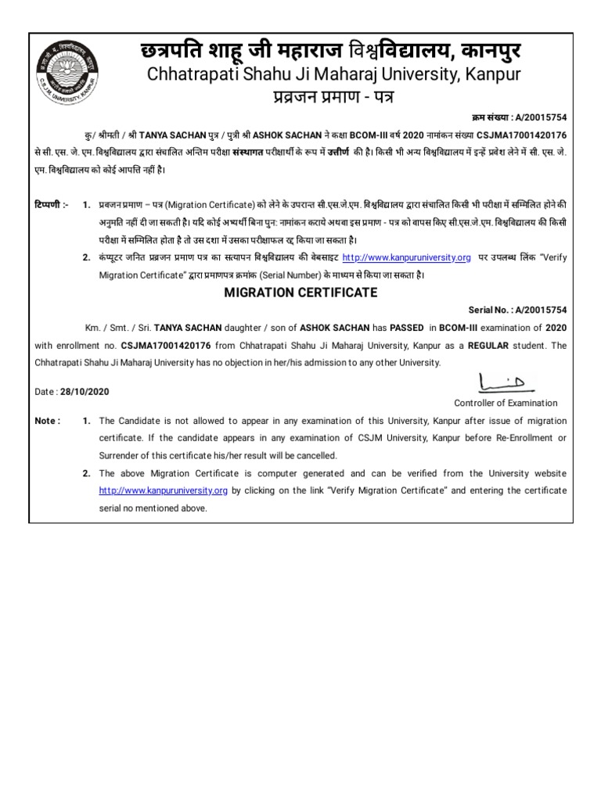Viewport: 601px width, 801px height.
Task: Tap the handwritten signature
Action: point(505,383)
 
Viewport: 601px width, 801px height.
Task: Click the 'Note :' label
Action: point(48,421)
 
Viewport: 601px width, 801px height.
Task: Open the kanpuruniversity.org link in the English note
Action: point(163,490)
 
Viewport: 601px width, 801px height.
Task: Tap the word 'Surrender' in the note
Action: point(120,455)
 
